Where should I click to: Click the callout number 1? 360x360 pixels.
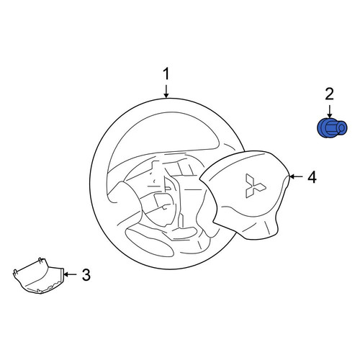coord(166,74)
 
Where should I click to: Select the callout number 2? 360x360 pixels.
coord(329,94)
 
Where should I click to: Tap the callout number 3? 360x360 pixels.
coord(86,274)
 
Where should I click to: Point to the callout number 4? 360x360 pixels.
coord(312,177)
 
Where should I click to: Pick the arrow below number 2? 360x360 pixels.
coord(330,112)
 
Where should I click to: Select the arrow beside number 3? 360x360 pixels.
coord(70,274)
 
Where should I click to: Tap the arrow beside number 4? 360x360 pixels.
coord(296,177)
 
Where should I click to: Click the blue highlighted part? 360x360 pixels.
coord(332,128)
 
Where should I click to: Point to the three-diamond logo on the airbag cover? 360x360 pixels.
coord(255,186)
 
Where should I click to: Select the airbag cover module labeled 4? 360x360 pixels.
coord(245,194)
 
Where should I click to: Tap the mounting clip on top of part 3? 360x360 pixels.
coord(41,260)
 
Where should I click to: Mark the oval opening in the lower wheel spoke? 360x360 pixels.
coord(149,241)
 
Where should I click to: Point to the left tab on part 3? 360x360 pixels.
coord(15,271)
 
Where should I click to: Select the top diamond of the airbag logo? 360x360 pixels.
coord(249,179)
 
